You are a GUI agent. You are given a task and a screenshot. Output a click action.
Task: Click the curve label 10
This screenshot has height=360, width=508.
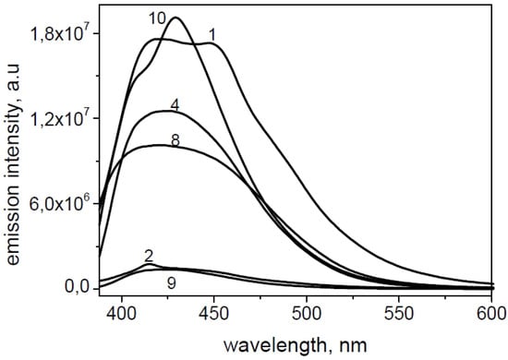click(x=159, y=17)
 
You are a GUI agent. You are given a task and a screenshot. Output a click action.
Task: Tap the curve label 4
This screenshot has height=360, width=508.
click(x=174, y=102)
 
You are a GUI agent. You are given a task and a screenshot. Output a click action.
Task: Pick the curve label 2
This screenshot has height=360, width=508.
click(x=148, y=256)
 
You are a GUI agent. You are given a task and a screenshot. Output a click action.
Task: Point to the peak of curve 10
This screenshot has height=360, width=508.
click(x=175, y=18)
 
